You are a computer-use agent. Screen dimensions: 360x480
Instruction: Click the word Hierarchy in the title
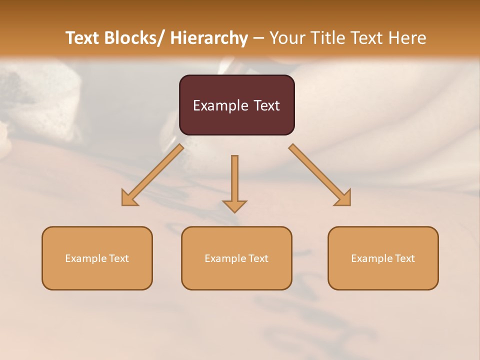pos(209,38)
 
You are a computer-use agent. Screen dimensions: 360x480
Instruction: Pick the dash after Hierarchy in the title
pos(258,38)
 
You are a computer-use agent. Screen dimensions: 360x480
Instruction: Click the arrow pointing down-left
pos(152,175)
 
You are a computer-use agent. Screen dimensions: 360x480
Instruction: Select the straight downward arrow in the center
pos(234,182)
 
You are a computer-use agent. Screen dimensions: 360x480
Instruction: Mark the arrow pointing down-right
pos(320,175)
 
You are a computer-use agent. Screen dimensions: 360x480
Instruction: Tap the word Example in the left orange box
pos(85,258)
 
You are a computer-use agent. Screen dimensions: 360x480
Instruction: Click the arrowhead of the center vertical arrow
pos(234,205)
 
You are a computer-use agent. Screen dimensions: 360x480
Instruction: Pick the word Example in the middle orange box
pos(225,258)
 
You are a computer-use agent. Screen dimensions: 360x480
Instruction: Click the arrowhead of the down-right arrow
pos(343,198)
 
